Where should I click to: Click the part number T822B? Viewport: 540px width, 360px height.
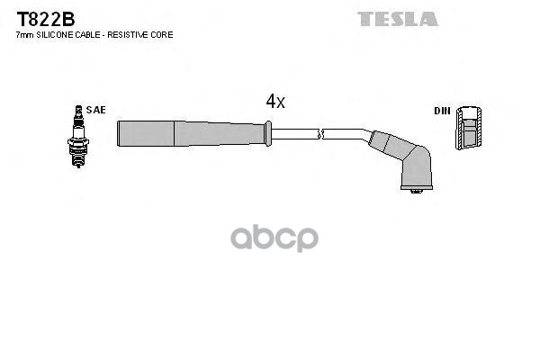coord(43,18)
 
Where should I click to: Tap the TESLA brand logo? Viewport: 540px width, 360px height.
coord(398,18)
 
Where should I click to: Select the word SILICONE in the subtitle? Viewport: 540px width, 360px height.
coord(57,35)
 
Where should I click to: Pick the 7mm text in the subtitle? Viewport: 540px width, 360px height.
coord(24,35)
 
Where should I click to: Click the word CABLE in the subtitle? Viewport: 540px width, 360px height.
coord(89,35)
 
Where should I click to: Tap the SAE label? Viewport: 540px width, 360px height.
coord(96,110)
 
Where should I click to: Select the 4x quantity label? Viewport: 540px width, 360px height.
coord(275,102)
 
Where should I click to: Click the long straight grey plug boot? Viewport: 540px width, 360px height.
coord(189,133)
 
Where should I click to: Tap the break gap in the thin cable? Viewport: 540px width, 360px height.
coord(320,134)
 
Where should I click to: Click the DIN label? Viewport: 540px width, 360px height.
coord(441,111)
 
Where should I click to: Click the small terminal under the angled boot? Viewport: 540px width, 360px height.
coord(415,192)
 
